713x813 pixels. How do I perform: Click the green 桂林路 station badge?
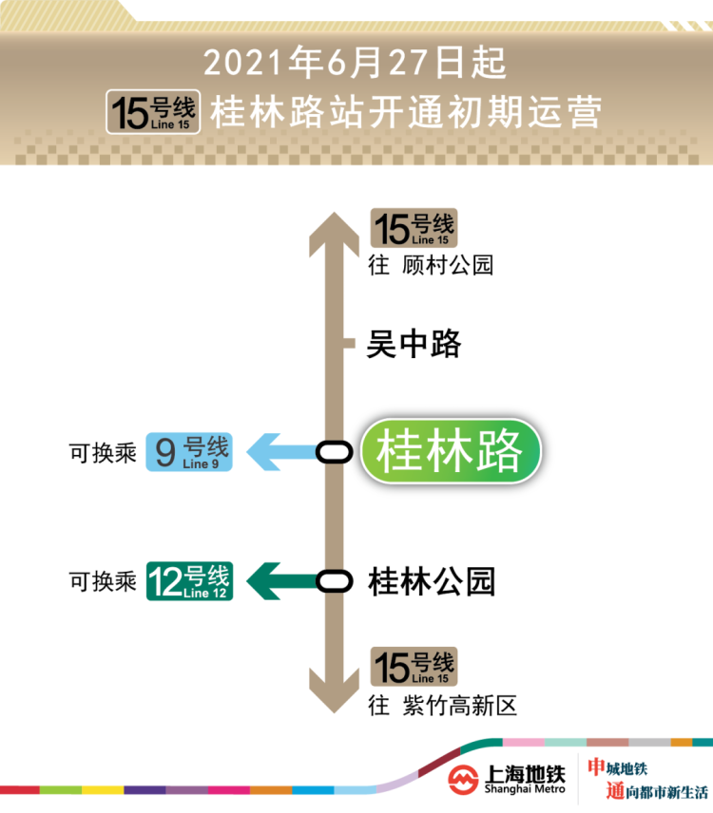click(450, 451)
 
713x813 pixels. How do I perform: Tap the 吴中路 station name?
click(414, 343)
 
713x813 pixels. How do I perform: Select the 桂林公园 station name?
click(432, 580)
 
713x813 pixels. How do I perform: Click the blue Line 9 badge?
click(188, 452)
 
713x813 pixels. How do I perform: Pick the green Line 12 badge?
click(188, 580)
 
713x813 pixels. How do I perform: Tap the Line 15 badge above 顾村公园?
click(413, 229)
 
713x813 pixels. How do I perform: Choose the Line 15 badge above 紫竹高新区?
click(413, 666)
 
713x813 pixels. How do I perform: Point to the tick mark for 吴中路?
click(348, 343)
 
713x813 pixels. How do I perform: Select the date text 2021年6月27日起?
click(355, 64)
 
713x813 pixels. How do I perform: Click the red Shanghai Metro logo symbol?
click(463, 778)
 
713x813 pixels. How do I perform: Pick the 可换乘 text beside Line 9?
click(103, 453)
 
